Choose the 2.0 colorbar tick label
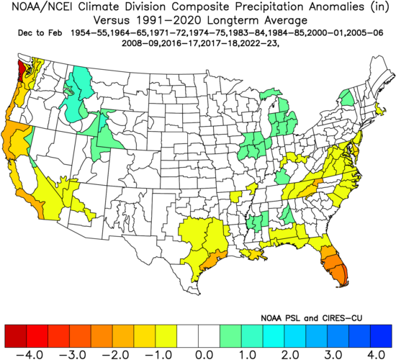(290, 354)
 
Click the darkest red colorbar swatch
(15, 333)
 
